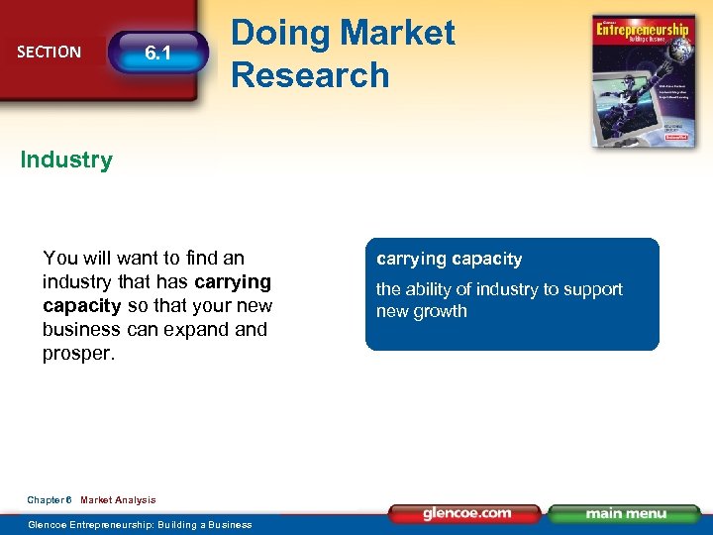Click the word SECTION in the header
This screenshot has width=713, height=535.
point(49,52)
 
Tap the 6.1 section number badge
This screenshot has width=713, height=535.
point(158,53)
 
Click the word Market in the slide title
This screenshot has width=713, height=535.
point(394,33)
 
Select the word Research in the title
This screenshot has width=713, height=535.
point(310,74)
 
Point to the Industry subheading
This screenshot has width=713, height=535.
point(66,160)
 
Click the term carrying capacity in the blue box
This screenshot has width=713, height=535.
point(449,260)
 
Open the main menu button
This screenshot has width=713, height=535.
point(623,513)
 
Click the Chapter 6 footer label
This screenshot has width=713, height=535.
point(50,500)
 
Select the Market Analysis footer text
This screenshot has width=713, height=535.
point(118,500)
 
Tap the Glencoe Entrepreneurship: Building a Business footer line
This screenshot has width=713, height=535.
point(140,524)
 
